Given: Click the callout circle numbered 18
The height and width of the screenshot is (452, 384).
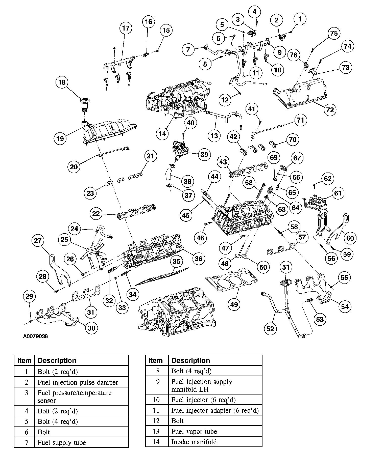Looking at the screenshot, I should [62, 82].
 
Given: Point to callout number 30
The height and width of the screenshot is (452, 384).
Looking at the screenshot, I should [91, 328].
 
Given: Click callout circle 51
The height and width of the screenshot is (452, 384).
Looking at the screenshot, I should [285, 267].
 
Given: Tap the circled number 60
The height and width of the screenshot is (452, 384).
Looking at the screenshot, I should [350, 238].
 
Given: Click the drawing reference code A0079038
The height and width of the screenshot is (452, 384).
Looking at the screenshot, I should [35, 336].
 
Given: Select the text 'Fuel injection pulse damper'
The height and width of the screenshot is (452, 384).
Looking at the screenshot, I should [78, 382].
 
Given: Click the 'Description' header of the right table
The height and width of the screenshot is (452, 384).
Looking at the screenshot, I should [190, 360].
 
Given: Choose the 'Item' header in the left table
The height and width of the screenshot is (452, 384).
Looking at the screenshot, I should [24, 360].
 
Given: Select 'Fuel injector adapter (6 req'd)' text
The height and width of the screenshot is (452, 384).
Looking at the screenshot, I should [215, 410].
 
